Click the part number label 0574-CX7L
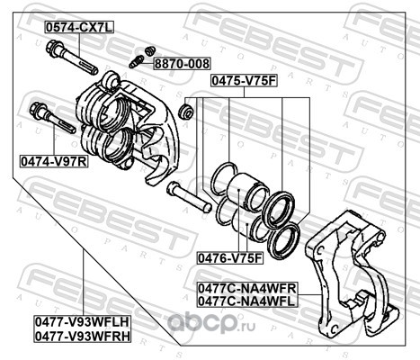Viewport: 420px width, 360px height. coord(79,28)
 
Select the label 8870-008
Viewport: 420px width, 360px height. coord(183,64)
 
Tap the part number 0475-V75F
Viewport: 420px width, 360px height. coord(244,81)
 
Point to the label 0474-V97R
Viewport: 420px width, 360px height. coord(54,161)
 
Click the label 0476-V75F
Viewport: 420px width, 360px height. coord(230,258)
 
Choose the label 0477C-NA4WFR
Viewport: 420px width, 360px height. coord(247,289)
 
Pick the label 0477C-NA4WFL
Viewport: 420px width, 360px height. coord(247,301)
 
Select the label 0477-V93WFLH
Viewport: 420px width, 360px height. coord(83,322)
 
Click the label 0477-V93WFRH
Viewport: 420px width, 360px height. coord(83,336)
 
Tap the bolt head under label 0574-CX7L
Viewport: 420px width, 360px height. coord(54,48)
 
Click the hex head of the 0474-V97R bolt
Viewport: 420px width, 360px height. coord(39,110)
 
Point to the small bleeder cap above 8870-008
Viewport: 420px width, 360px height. coord(149,50)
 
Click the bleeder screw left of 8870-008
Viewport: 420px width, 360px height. coord(136,61)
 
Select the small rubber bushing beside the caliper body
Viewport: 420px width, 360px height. coord(186,111)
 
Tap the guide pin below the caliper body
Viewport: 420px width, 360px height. coord(189,197)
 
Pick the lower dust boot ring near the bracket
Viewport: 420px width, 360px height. coord(283,241)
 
